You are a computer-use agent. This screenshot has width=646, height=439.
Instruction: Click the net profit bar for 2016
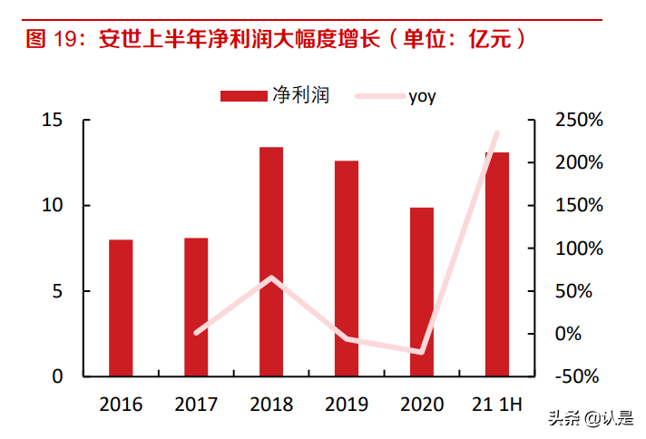click(x=121, y=307)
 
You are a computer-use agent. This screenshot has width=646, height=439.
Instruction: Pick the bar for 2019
click(x=347, y=268)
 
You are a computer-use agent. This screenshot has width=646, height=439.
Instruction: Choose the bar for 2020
click(x=422, y=291)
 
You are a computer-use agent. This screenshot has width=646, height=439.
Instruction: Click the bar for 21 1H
click(x=497, y=263)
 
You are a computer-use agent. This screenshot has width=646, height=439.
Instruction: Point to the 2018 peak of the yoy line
click(x=271, y=278)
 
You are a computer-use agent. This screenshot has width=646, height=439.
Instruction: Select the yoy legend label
click(x=422, y=95)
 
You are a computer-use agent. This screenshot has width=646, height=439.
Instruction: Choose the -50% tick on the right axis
click(x=577, y=376)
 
